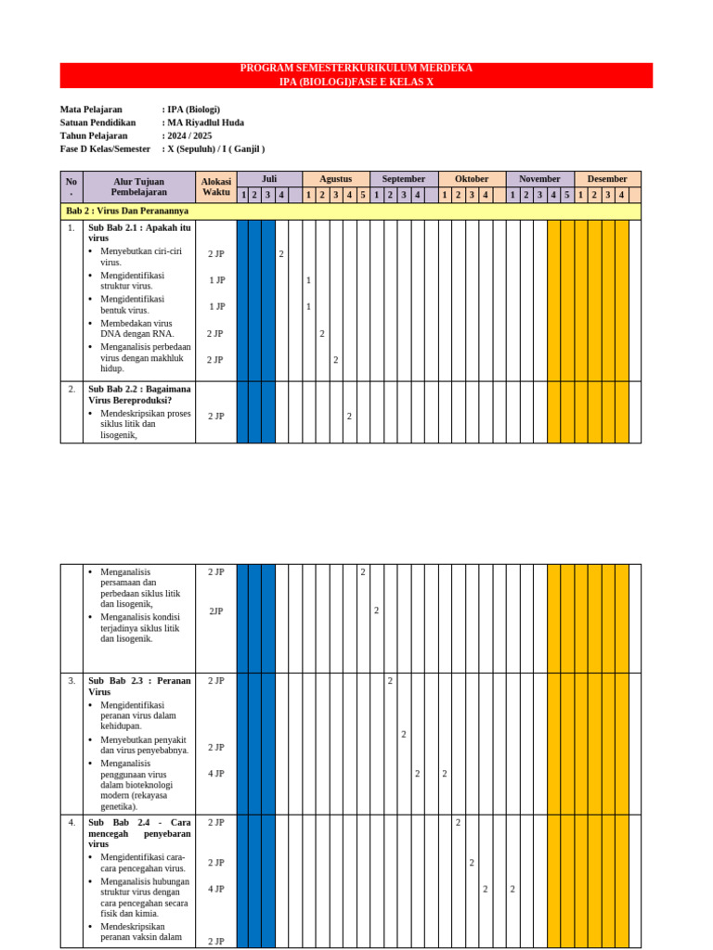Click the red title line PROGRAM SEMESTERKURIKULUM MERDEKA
coord(356,69)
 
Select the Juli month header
coord(269,179)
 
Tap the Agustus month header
coord(335,179)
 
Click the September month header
coord(404,179)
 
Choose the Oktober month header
coord(472,179)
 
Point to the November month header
coord(539,179)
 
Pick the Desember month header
coord(607,179)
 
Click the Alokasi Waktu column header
coord(215,186)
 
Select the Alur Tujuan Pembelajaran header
coord(139,186)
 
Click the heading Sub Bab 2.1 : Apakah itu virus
coord(139,232)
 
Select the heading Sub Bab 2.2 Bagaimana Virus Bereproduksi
coord(139,394)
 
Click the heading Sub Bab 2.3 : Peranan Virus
coord(139,686)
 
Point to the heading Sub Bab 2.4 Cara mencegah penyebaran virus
coord(139,833)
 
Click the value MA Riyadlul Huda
coord(204,122)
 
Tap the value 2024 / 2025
coord(189,135)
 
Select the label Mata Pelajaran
coord(91,109)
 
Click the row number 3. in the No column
coord(71,681)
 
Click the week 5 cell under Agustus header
coord(363,195)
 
